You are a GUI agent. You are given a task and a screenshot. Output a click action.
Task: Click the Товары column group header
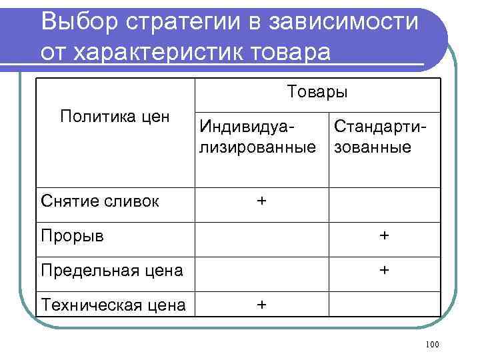point(317,91)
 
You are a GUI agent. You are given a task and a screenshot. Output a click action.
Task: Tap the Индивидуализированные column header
point(257,135)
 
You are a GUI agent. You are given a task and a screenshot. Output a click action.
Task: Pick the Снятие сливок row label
point(100,201)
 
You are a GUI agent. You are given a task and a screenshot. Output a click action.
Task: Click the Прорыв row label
point(72,235)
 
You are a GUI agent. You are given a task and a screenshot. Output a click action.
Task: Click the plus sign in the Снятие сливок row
point(261,199)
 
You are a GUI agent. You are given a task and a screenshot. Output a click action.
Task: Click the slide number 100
point(431,344)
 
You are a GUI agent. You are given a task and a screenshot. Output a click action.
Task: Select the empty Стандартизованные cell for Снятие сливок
point(384,205)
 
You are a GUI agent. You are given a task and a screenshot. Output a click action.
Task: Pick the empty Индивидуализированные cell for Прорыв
point(261,239)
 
